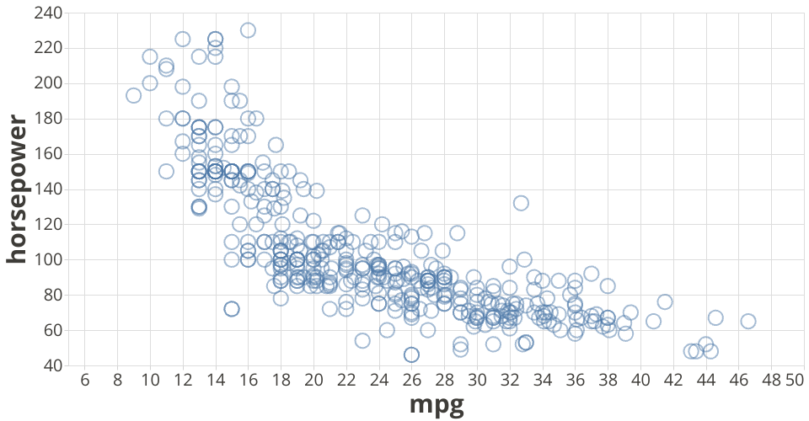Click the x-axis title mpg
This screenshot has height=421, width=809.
click(437, 405)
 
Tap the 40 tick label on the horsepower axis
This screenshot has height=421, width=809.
click(51, 365)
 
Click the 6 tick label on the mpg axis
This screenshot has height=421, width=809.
click(84, 381)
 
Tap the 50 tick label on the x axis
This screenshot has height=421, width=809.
click(794, 381)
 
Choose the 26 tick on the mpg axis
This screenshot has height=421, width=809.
click(411, 381)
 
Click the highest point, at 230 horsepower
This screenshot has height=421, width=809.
click(248, 30)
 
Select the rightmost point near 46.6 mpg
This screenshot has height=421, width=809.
click(747, 321)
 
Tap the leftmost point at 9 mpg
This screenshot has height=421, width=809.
click(133, 95)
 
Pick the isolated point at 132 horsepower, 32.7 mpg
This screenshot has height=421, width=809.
click(521, 203)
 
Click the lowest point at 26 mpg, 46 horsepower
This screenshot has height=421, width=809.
click(411, 354)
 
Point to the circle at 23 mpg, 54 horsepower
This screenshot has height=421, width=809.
click(362, 340)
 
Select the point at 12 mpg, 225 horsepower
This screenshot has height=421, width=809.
click(182, 39)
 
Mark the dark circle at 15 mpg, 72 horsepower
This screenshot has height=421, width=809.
click(232, 309)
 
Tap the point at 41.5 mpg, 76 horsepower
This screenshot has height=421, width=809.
click(665, 301)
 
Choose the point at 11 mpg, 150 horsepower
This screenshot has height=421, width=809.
click(166, 172)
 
